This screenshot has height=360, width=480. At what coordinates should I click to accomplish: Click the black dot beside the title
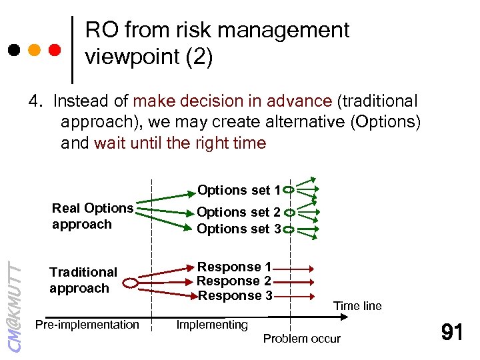click(x=13, y=50)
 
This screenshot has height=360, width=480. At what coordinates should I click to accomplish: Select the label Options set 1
click(x=239, y=191)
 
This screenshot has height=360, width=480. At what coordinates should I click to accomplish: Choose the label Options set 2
click(x=239, y=212)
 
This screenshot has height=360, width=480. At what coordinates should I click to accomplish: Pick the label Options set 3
click(x=239, y=229)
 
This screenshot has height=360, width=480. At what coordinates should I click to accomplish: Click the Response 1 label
click(x=233, y=267)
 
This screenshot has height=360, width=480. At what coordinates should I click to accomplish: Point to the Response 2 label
click(x=233, y=281)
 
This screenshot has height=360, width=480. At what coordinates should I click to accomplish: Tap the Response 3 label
click(x=233, y=295)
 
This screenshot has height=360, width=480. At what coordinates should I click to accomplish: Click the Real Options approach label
click(x=92, y=216)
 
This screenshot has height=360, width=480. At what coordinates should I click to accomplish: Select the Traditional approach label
click(x=83, y=280)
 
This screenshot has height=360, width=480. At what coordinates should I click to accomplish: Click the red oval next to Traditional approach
click(x=131, y=283)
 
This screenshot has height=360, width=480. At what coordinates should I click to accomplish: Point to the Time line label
click(x=357, y=306)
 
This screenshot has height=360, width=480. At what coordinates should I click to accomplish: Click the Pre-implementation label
click(x=87, y=325)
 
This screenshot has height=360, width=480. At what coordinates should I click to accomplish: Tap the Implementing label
click(x=211, y=325)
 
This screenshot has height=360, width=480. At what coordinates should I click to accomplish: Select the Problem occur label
click(x=301, y=339)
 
